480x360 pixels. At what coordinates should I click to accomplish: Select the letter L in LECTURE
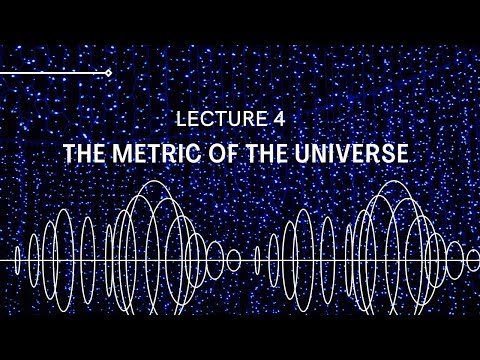[181, 118]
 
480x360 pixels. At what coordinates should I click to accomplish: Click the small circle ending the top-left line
[108, 73]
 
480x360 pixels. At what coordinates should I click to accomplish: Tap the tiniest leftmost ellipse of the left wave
[18, 260]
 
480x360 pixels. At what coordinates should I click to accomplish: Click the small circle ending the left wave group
[234, 260]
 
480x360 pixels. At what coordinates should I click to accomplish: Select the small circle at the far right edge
[472, 260]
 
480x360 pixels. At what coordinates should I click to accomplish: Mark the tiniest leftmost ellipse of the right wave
[257, 260]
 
